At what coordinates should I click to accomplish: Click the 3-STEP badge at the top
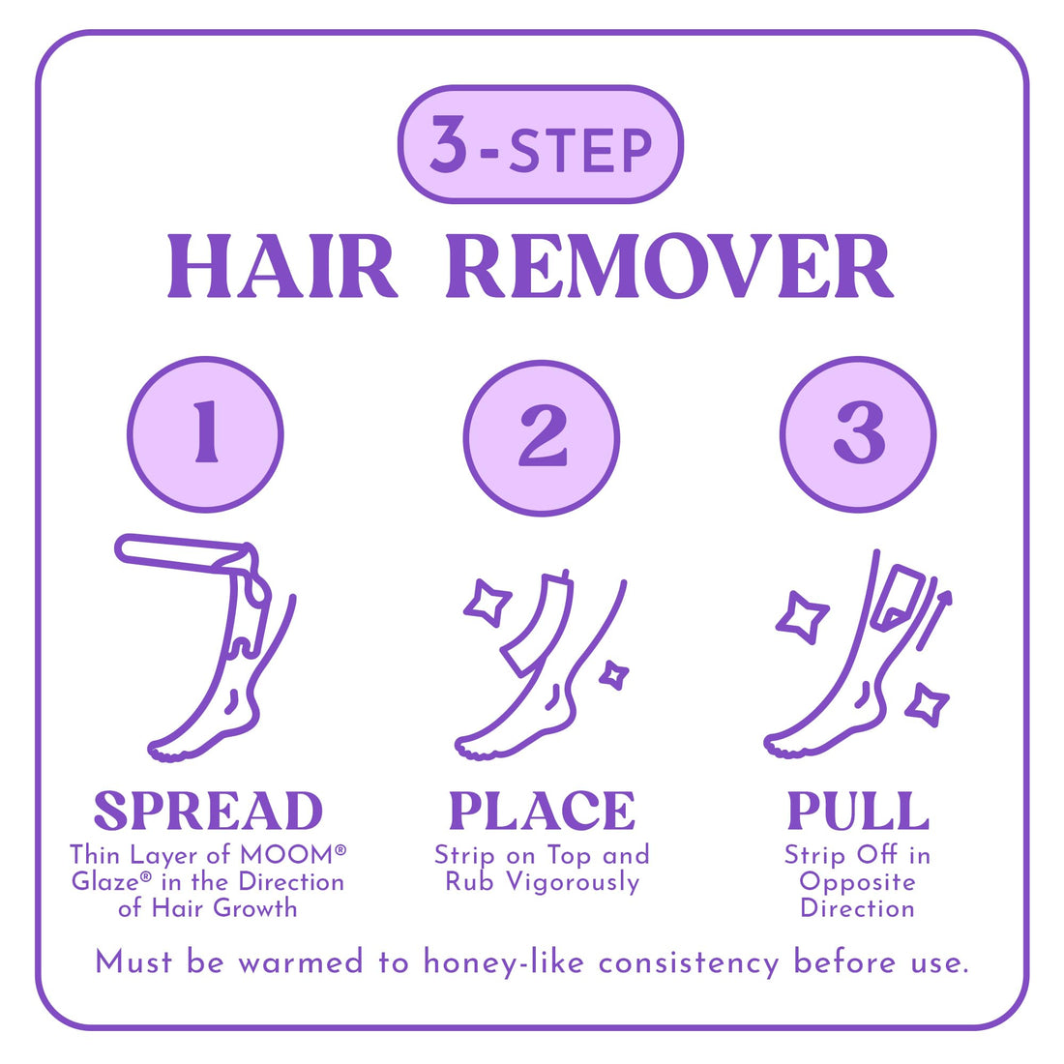(x=541, y=145)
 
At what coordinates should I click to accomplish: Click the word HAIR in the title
(x=281, y=266)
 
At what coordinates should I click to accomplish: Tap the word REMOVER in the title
(x=668, y=266)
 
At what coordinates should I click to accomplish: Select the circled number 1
(x=205, y=434)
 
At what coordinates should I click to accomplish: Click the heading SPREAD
(x=208, y=811)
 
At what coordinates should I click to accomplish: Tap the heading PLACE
(x=542, y=811)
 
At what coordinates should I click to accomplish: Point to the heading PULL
(x=858, y=811)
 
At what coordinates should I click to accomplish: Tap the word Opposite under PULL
(x=857, y=882)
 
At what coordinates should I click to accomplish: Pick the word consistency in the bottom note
(x=688, y=962)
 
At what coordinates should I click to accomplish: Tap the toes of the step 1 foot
(x=164, y=752)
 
